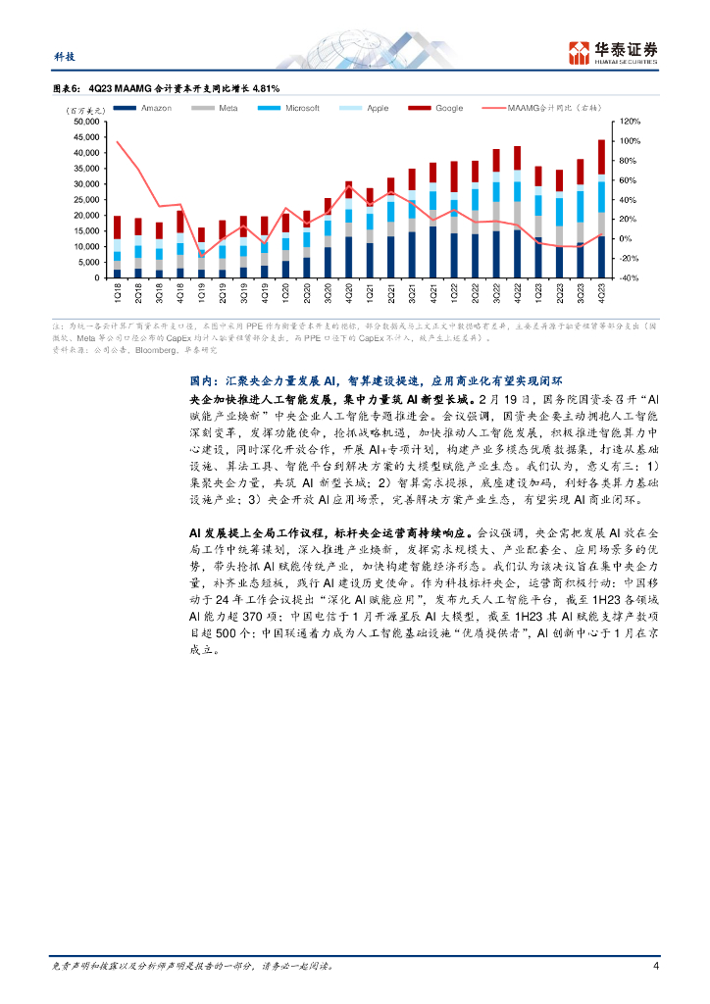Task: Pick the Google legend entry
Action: click(x=449, y=108)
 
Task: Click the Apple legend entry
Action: click(x=378, y=108)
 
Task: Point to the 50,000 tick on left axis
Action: click(x=85, y=122)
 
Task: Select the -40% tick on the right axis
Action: click(x=628, y=278)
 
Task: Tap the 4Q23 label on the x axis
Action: click(x=602, y=291)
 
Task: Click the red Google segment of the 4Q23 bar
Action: click(x=601, y=157)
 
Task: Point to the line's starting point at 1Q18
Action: click(x=118, y=142)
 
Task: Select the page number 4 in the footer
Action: click(x=655, y=966)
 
